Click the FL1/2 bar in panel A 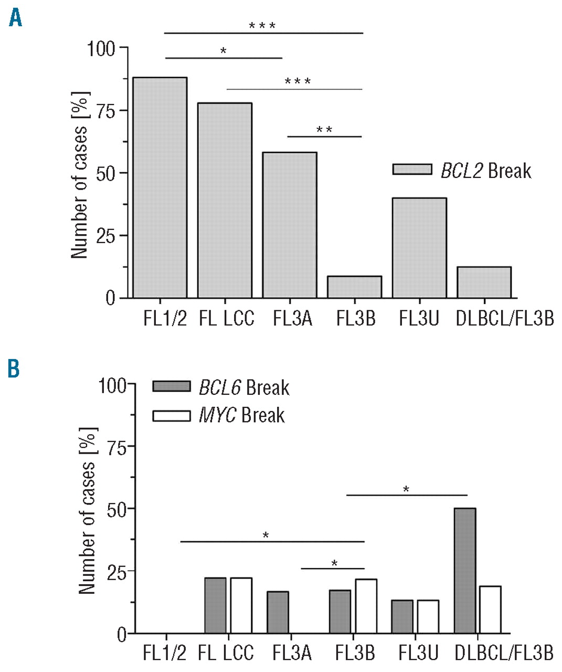160,187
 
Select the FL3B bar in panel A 354,287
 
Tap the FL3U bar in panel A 419,248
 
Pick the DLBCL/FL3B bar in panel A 484,282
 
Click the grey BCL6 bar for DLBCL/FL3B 465,571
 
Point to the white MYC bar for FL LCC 241,605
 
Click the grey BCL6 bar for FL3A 278,612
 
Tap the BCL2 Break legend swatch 412,170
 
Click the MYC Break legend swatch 171,416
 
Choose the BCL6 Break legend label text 244,388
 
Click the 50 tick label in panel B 117,509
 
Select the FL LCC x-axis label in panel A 226,319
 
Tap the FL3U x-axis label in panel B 418,653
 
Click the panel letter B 14,369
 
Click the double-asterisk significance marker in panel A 324,130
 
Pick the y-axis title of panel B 88,510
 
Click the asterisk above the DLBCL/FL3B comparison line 406,490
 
